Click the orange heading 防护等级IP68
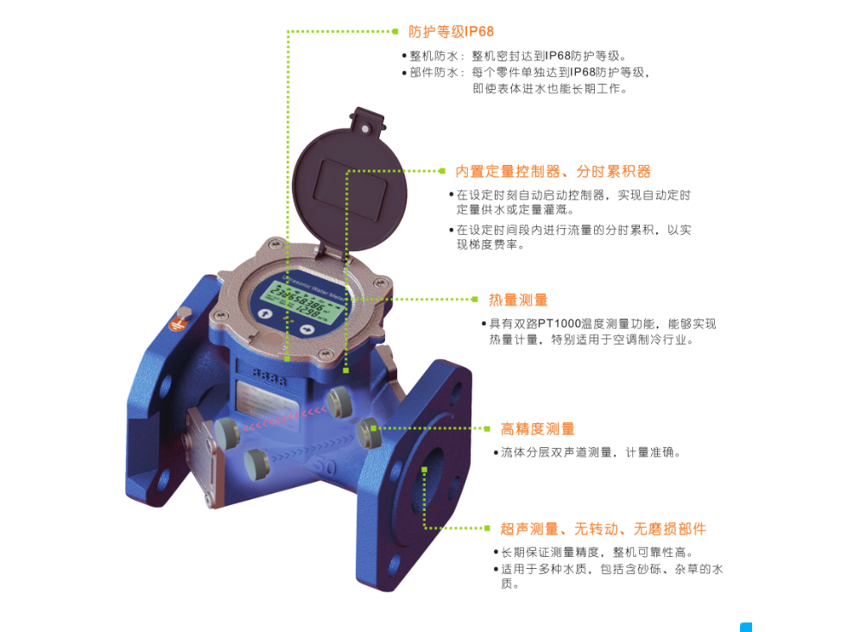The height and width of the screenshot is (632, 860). pyautogui.click(x=451, y=32)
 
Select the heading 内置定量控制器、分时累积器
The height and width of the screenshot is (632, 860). pyautogui.click(x=553, y=172)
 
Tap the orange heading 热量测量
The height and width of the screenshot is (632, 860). pyautogui.click(x=518, y=300)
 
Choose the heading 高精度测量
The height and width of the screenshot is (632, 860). pyautogui.click(x=537, y=429)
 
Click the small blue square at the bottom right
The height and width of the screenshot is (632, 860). pyautogui.click(x=746, y=627)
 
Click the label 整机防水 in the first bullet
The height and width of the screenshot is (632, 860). pyautogui.click(x=430, y=56)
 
